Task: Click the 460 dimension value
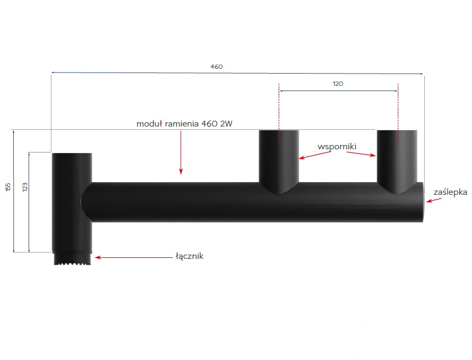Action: coord(217,67)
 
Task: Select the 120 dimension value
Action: coord(338,84)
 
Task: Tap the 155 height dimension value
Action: coord(8,187)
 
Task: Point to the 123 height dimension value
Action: coord(25,187)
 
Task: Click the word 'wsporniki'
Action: coord(337,147)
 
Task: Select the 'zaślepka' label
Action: coord(450,192)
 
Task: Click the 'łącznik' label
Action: coord(190,256)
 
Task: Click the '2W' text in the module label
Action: coord(226,123)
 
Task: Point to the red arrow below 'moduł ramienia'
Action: coord(181,152)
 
